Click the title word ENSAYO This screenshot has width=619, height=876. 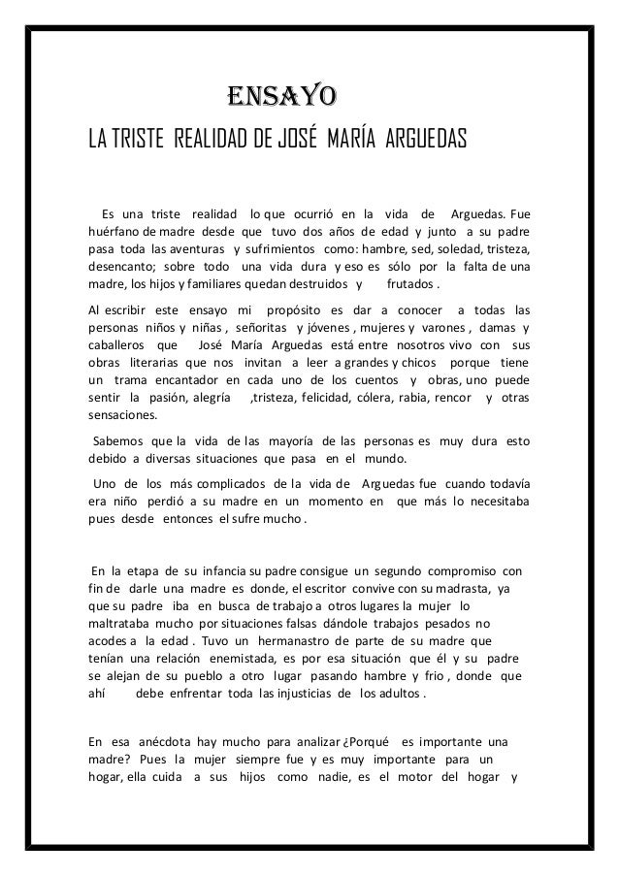pyautogui.click(x=281, y=97)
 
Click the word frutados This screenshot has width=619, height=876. pyautogui.click(x=411, y=285)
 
